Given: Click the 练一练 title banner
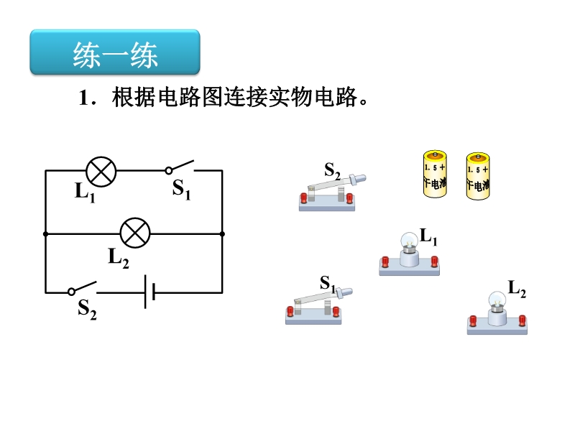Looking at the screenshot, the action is click(115, 52).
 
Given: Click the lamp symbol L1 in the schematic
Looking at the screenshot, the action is click(101, 172).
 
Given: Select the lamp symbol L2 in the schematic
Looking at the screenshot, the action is click(135, 233).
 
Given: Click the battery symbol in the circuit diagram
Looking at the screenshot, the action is click(149, 292).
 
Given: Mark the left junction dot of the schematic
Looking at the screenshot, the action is click(45, 234).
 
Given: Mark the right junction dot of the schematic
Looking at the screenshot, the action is click(222, 234).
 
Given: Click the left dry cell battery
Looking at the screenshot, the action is click(435, 174).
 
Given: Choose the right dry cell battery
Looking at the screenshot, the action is click(478, 176).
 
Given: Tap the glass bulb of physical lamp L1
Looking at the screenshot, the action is click(409, 240).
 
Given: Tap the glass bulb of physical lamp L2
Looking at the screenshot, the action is click(497, 300).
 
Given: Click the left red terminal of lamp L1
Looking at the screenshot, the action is click(385, 261).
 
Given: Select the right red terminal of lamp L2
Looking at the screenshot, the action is click(523, 320).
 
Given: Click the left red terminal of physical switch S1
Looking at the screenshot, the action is click(290, 311).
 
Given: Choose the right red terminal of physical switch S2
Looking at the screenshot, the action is click(349, 198).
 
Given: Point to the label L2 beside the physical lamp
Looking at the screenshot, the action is click(517, 289).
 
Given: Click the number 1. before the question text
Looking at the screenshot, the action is click(87, 98).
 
